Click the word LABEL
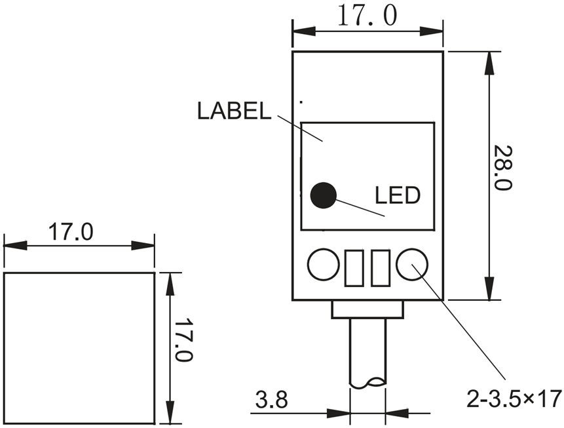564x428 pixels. (x=234, y=111)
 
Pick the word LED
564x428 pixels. (x=397, y=195)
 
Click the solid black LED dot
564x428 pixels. (x=323, y=195)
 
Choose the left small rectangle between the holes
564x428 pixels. (x=354, y=267)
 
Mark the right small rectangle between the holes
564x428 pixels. (x=381, y=267)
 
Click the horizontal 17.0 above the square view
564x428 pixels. (x=72, y=232)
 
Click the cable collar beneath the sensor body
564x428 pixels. (x=367, y=309)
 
